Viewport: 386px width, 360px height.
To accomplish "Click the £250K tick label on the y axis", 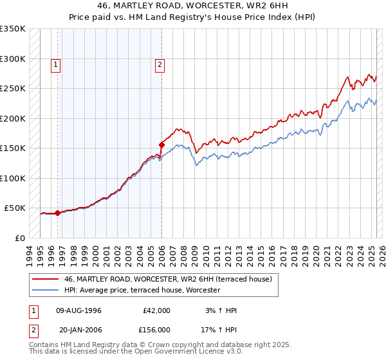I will click(x=12, y=88).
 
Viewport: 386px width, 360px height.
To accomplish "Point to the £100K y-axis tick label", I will click(x=12, y=178).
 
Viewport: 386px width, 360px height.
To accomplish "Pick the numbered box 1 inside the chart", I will click(x=57, y=64).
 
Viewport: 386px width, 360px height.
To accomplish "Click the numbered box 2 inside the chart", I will click(x=159, y=64).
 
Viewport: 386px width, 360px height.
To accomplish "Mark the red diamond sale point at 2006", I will click(x=161, y=145).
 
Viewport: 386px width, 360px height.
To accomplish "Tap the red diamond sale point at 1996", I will click(x=58, y=213).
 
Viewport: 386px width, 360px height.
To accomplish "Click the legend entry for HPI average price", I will click(x=142, y=290).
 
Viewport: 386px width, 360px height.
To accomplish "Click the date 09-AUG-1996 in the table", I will click(x=79, y=310).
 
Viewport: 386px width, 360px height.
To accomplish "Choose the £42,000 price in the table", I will click(x=156, y=310).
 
